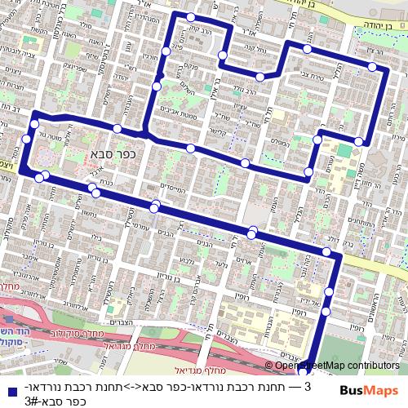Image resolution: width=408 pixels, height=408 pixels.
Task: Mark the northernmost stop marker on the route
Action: [x=190, y=17]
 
